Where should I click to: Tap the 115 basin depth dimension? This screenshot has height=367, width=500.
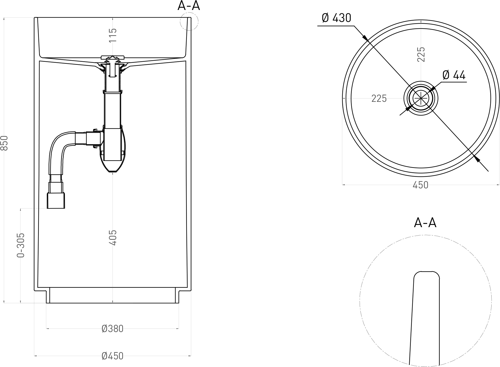pos(113,35)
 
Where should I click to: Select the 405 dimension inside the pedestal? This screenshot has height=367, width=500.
pos(113,238)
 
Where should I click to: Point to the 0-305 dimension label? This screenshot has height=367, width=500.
pos(21,245)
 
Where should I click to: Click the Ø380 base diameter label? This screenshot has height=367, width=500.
pos(112,329)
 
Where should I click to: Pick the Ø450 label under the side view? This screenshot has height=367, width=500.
pos(112,356)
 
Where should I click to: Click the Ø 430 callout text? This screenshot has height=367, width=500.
pos(337,18)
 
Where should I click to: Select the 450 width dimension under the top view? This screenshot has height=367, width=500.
pos(421,185)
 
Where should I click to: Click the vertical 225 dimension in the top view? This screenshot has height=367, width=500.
pos(421,54)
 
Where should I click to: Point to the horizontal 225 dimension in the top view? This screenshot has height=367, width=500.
pos(379,99)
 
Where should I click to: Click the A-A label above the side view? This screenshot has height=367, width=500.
pos(189,6)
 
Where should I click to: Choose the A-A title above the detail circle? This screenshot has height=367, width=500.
pos(425,223)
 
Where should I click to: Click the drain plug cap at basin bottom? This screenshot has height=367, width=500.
pos(112,57)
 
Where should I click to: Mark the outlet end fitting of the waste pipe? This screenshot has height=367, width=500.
pos(56,201)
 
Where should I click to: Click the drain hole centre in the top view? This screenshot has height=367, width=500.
pos(421,98)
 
